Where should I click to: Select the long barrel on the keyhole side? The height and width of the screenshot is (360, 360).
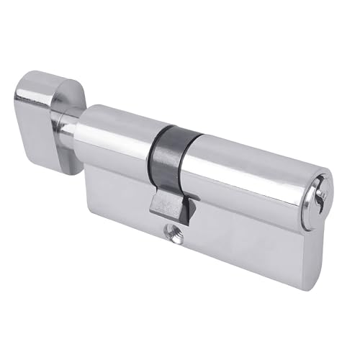pos(245,173)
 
